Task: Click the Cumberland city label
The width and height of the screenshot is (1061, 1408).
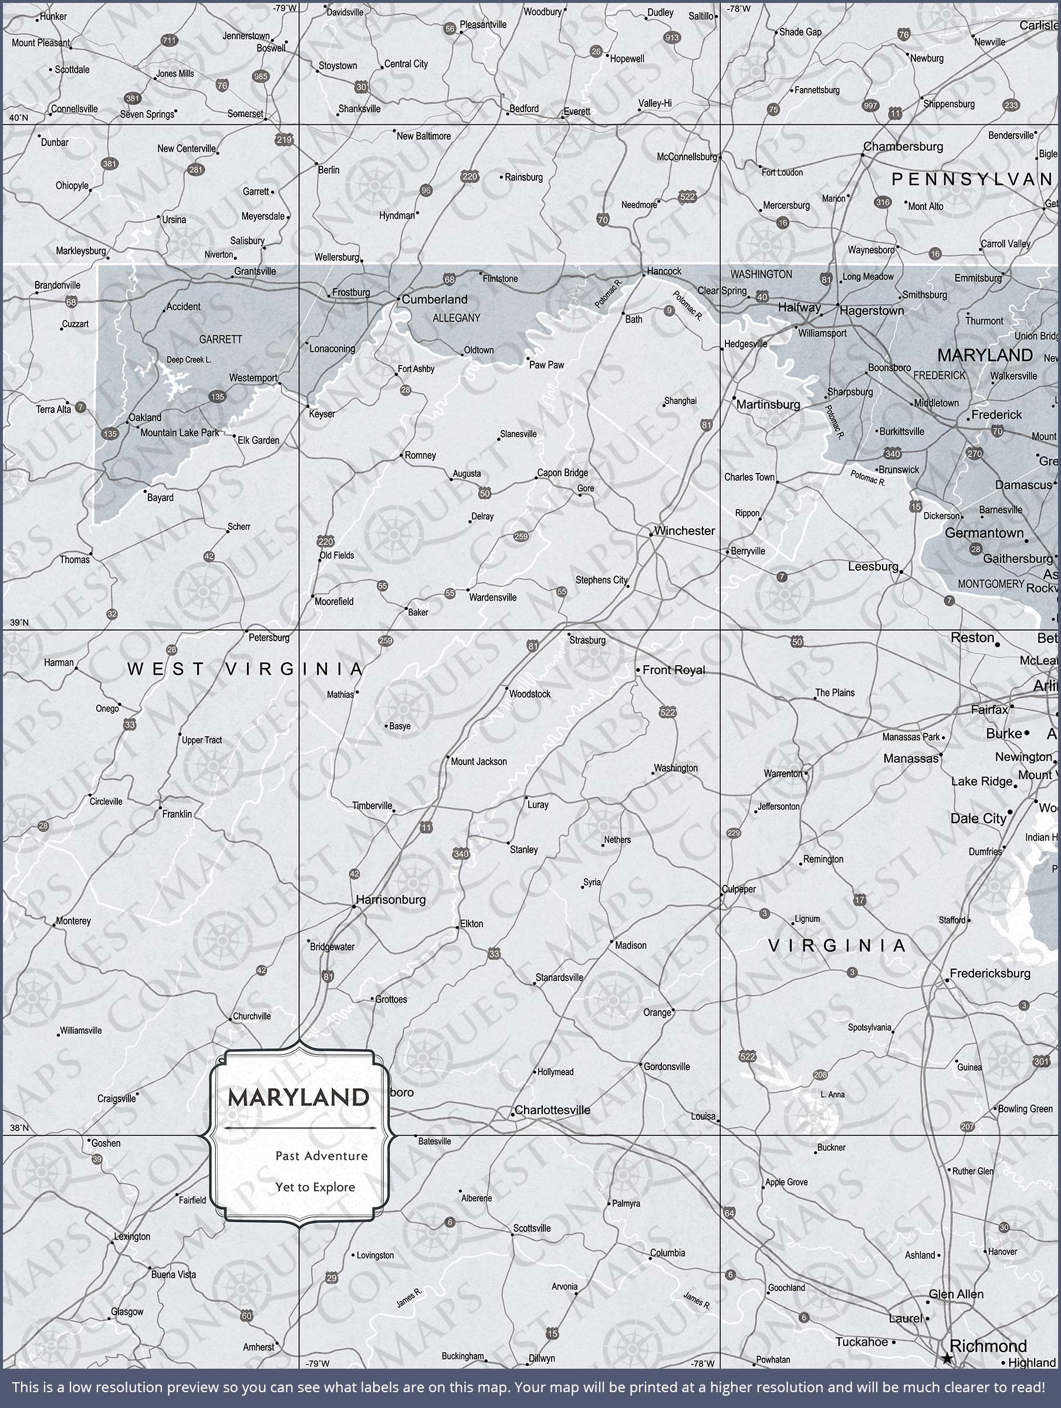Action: point(434,299)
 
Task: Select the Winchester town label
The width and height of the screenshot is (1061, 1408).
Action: point(684,531)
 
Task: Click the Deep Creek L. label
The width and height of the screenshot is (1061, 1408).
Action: point(188,360)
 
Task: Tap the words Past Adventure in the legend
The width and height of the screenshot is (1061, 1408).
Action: point(321,1156)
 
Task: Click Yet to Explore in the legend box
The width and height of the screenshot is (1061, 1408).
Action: point(315,1187)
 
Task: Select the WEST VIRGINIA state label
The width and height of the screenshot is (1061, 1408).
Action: point(245,669)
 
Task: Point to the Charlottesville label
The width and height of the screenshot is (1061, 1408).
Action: point(552,1110)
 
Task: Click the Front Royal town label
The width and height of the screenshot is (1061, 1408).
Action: point(673,669)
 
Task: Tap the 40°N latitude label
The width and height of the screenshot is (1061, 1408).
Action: point(18,118)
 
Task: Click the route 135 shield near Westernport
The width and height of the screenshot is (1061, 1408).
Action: point(217,397)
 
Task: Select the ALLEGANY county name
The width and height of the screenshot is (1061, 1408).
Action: point(456,317)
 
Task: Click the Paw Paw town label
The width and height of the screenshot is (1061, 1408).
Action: point(546,365)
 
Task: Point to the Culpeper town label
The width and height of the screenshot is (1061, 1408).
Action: point(739,889)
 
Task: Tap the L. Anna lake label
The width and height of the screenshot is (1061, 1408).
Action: point(832,1095)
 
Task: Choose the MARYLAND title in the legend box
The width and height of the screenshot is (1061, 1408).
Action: point(298,1098)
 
